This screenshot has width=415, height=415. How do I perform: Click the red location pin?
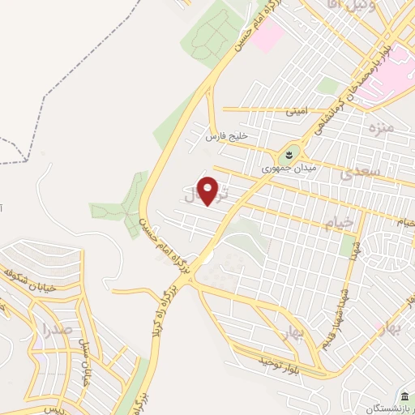coord(208,191)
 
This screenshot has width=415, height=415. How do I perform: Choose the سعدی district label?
coord(357,172)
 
